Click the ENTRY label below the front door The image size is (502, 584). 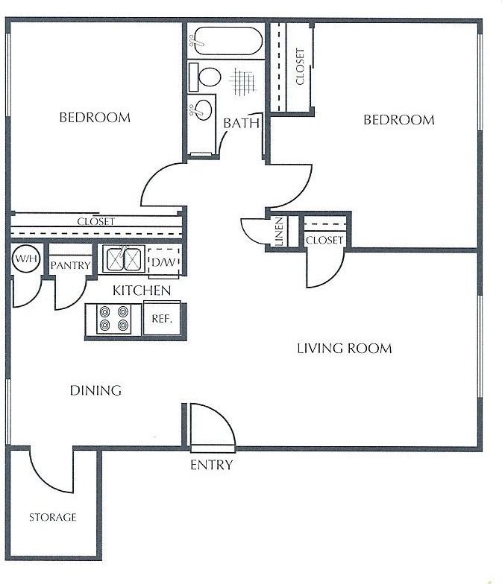click(x=211, y=466)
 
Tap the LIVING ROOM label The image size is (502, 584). click(x=344, y=349)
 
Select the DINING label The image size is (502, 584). click(x=95, y=390)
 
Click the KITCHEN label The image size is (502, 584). click(x=142, y=291)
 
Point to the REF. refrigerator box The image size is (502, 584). click(x=162, y=318)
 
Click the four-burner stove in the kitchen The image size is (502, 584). click(x=114, y=319)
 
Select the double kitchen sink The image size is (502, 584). click(x=123, y=259)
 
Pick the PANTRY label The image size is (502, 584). click(x=70, y=265)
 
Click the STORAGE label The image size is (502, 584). click(x=52, y=517)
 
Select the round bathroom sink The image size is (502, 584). click(x=201, y=110)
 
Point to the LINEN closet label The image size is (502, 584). click(x=279, y=232)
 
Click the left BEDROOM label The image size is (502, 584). click(x=95, y=118)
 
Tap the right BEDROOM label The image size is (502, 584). click(x=398, y=120)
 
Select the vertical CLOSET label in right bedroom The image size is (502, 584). click(x=300, y=66)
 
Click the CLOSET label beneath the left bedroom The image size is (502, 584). click(x=96, y=222)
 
